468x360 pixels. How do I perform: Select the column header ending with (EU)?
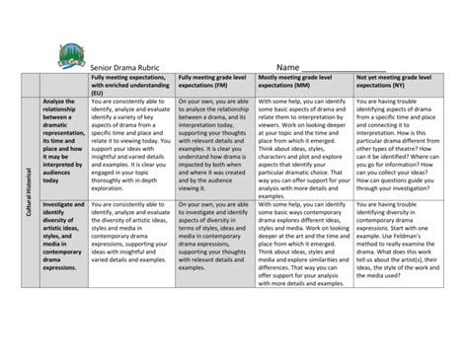click(x=130, y=84)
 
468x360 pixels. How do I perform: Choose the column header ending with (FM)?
click(x=215, y=80)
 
